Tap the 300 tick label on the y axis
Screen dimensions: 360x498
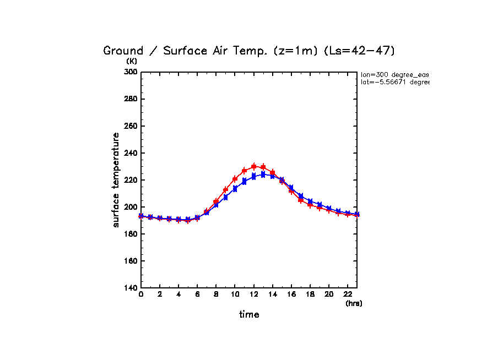point(131,72)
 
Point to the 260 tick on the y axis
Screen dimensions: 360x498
point(131,126)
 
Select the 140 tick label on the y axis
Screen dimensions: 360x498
point(131,288)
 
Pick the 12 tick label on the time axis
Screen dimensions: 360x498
point(253,294)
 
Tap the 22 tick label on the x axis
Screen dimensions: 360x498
point(347,294)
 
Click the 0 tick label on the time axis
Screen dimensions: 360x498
point(141,294)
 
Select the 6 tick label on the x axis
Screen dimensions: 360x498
point(197,294)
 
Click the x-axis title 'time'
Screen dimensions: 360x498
point(249,314)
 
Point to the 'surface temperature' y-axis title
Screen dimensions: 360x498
point(116,179)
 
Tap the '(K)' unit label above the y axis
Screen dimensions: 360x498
point(132,61)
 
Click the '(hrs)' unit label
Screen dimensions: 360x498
point(354,303)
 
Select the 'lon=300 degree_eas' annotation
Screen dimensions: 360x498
point(394,74)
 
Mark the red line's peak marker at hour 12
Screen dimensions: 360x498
point(253,166)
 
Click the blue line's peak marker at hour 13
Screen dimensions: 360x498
point(263,174)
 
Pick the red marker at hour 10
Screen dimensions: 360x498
point(235,179)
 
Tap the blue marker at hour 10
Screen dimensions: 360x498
point(235,189)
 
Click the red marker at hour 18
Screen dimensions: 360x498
point(310,205)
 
